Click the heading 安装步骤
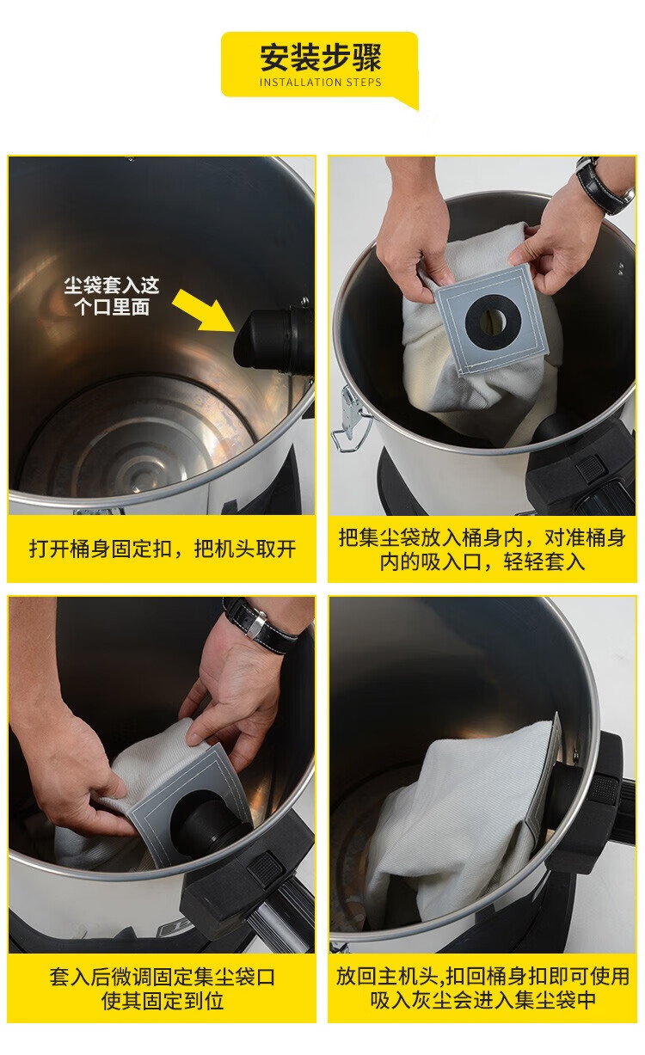[x=321, y=57]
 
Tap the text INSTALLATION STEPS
[x=321, y=83]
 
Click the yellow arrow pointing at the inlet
[x=203, y=310]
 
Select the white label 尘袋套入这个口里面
[x=112, y=296]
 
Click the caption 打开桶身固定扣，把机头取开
[x=163, y=549]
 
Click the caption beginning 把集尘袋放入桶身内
[x=482, y=549]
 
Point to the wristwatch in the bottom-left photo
[x=261, y=624]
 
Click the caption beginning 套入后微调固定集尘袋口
[x=163, y=989]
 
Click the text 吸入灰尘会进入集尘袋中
[x=482, y=999]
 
